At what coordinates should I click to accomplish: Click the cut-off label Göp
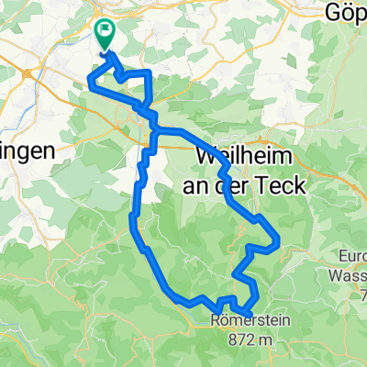[348, 14]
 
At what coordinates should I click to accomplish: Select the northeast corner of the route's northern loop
[148, 73]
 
